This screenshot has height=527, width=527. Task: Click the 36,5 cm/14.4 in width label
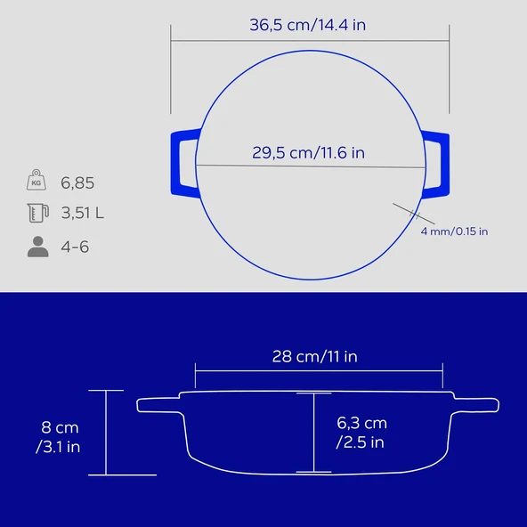click(308, 25)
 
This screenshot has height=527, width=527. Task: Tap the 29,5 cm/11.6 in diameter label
click(308, 152)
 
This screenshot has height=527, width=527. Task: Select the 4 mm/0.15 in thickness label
click(454, 231)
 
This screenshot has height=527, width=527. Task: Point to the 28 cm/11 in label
click(314, 356)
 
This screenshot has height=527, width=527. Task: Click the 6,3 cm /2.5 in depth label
click(361, 432)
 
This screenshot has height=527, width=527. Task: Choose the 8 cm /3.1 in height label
click(58, 437)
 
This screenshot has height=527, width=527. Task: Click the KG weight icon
click(36, 182)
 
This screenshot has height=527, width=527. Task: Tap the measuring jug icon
click(36, 214)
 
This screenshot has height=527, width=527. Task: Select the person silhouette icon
click(36, 247)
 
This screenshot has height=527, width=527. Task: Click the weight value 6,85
click(77, 183)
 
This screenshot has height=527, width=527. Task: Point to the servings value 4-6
click(76, 247)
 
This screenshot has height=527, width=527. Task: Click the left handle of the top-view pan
click(182, 162)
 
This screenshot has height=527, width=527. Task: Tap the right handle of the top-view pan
click(436, 162)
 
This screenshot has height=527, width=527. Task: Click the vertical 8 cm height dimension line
click(106, 433)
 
